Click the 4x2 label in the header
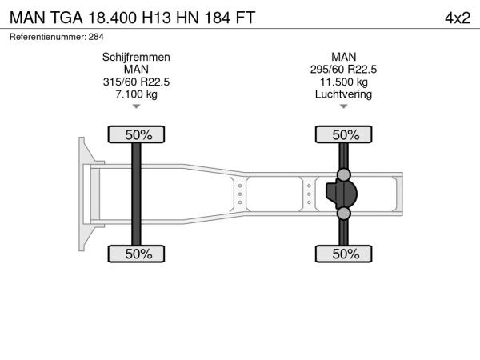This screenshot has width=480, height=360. point(458,18)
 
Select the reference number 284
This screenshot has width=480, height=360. point(96,37)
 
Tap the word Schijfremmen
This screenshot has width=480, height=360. point(136,58)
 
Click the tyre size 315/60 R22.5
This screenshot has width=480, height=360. point(136,82)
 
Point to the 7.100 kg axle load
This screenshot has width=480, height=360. point(136,94)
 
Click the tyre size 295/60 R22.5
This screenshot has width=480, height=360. point(343,70)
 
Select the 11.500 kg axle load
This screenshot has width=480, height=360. point(343,82)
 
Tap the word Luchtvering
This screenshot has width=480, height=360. point(343,94)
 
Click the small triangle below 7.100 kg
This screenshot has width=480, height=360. point(136,106)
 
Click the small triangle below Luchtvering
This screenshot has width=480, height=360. point(343,106)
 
